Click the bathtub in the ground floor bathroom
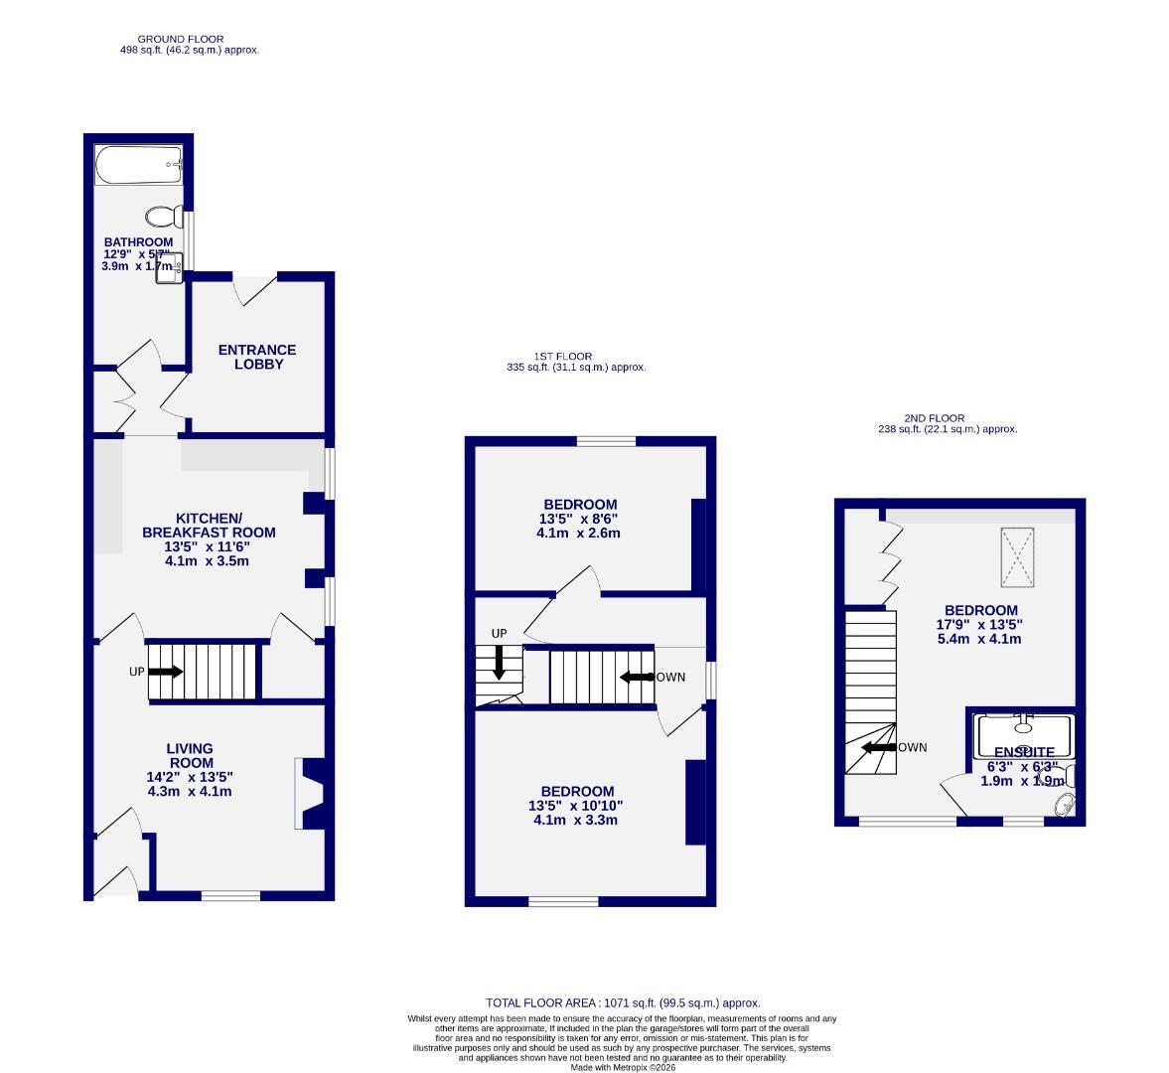tap(139, 166)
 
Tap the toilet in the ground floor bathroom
tap(161, 216)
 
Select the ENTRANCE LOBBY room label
tap(257, 357)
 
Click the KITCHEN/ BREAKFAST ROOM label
tap(209, 526)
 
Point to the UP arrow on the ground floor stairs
tap(166, 672)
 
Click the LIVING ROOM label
tap(189, 755)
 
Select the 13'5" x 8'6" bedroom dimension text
tap(579, 519)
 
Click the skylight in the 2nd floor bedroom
tap(1016, 555)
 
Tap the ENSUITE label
tap(1024, 752)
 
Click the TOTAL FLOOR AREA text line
tap(623, 1003)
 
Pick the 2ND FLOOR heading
tap(934, 418)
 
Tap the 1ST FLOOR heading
tap(562, 356)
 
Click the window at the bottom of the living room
tap(230, 896)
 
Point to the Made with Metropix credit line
tap(622, 1067)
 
